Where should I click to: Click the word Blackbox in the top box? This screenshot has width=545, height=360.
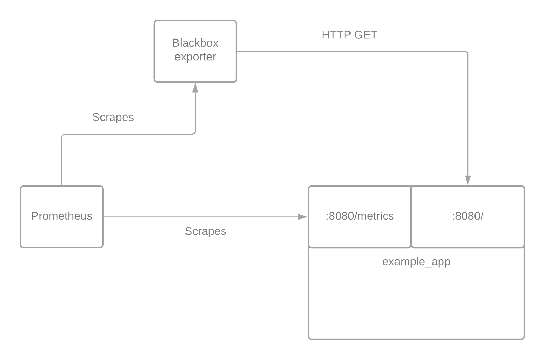[x=195, y=43]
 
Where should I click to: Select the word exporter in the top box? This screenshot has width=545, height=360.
[x=195, y=57]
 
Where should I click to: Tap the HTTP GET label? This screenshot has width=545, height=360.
[x=349, y=35]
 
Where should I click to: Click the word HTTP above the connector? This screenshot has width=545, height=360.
[x=336, y=35]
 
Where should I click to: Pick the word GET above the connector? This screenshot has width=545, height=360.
[x=366, y=35]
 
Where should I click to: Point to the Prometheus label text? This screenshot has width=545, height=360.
[x=62, y=216]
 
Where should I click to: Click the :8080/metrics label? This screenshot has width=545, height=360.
[x=360, y=216]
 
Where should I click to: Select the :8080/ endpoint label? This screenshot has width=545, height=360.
[x=468, y=216]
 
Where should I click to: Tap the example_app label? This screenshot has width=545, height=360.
[x=416, y=262]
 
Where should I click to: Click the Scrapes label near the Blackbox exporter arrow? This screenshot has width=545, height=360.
[x=113, y=118]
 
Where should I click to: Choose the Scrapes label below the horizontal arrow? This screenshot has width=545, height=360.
[x=206, y=231]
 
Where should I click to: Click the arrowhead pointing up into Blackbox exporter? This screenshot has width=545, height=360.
[x=196, y=88]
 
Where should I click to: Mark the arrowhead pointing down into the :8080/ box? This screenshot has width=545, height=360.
[x=468, y=180]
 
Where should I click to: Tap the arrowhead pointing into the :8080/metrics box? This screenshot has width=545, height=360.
[x=303, y=217]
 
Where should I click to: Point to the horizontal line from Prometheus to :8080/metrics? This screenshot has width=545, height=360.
[x=205, y=217]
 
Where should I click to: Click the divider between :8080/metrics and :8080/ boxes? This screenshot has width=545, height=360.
[x=411, y=217]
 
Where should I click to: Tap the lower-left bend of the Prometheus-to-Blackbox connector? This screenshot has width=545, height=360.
[x=63, y=135]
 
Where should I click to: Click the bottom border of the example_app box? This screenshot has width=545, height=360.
[x=416, y=339]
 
